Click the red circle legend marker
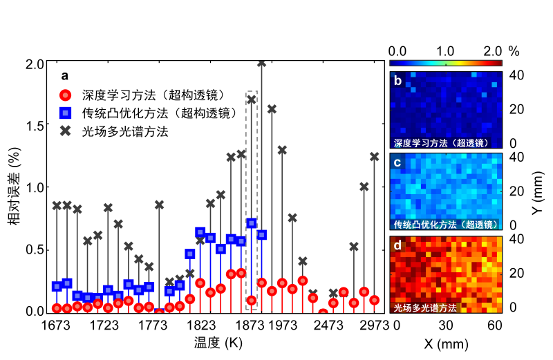tap(64, 95)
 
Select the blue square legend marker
tap(64, 113)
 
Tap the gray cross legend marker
tap(64, 131)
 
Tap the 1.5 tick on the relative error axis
tap(36, 125)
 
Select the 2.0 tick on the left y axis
tap(36, 64)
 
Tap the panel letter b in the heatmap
tap(397, 80)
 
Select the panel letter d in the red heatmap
tap(397, 244)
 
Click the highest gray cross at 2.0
tap(261, 63)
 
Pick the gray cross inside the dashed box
tap(252, 100)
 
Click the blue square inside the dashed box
tap(252, 223)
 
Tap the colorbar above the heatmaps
tap(445, 63)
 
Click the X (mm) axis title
tap(446, 342)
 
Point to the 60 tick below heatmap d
tap(494, 325)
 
